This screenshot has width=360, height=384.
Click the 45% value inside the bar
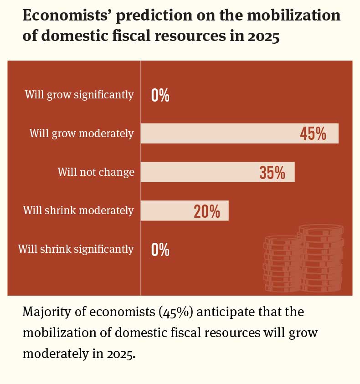point(313,133)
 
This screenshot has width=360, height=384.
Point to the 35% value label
point(272,173)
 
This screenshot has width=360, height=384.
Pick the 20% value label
point(207,211)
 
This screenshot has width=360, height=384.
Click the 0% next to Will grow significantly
point(160,95)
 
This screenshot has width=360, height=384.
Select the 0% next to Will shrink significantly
point(160,250)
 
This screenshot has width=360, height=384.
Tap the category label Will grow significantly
point(79,95)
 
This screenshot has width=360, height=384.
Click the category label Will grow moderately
point(82,133)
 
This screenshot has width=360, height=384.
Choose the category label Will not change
point(96,172)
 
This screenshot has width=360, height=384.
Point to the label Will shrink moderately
point(78,210)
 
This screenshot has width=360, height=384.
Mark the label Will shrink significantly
point(76,249)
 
